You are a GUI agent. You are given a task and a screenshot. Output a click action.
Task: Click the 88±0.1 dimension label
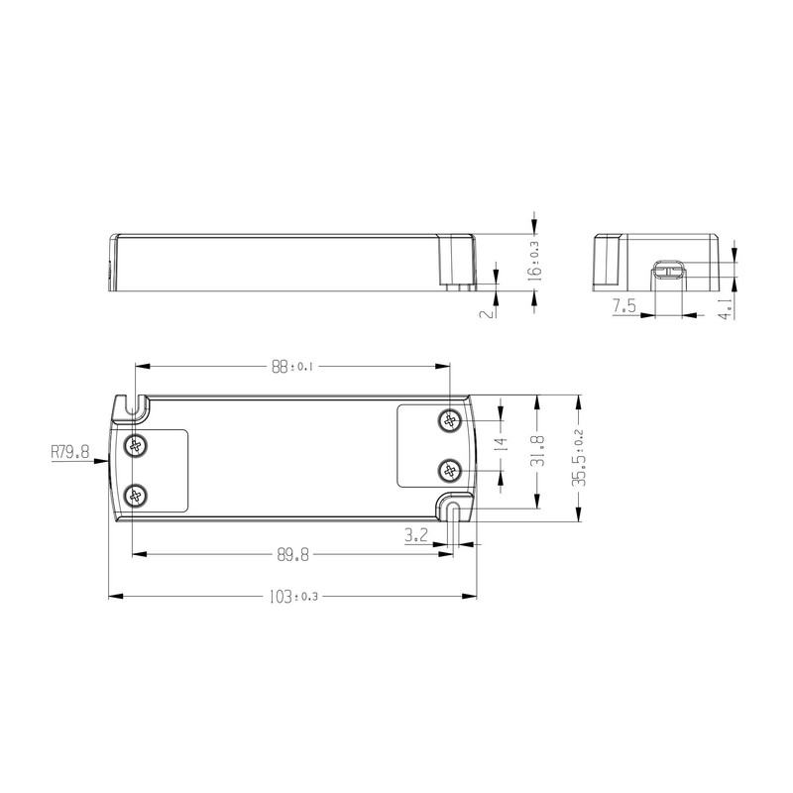pos(292,367)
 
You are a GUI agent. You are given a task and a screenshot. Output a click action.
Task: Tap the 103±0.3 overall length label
pos(292,597)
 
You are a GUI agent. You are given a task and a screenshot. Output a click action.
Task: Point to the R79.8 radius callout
pos(69,452)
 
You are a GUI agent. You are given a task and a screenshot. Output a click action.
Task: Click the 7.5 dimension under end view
pos(623,307)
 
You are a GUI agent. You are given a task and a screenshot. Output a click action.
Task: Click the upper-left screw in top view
pos(134,447)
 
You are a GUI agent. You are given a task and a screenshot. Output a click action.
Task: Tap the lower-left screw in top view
pos(134,496)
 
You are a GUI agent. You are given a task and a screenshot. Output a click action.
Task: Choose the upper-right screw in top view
pos(451,421)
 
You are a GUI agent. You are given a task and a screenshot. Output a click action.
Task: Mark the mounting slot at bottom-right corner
pos(454,510)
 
